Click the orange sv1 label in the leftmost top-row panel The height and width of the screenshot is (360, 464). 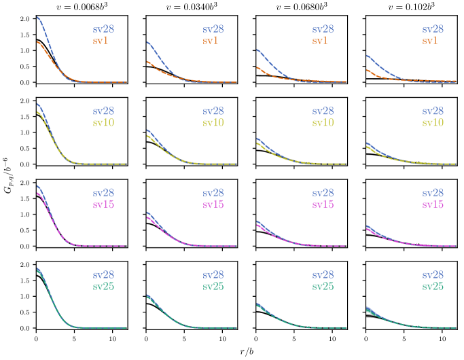[x=101, y=41]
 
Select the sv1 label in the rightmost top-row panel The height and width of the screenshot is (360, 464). [x=429, y=41]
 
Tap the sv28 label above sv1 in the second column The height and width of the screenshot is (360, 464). [x=213, y=30]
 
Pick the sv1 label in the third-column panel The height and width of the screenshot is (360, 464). [x=320, y=41]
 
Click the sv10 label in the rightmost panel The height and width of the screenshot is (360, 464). [x=433, y=123]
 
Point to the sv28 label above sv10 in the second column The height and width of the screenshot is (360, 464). [x=213, y=111]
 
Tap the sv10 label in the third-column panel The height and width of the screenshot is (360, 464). [x=323, y=123]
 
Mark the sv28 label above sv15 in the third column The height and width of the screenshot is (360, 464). [x=323, y=194]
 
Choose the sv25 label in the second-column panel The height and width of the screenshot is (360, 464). [x=213, y=287]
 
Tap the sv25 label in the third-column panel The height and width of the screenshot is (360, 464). [x=323, y=287]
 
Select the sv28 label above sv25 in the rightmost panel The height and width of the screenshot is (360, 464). [x=433, y=275]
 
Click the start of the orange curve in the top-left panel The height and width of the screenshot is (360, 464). [x=37, y=42]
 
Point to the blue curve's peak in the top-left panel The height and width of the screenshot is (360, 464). [x=37, y=18]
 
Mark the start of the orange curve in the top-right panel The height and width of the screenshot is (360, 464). [x=367, y=70]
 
